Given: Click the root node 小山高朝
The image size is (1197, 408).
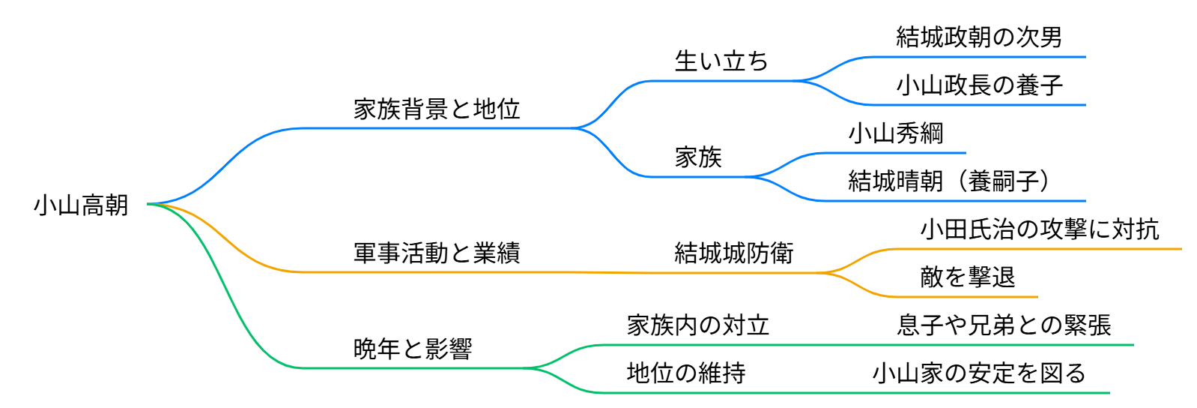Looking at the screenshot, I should click(x=81, y=205).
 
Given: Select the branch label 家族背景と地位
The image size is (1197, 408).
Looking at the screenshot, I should click(x=436, y=109).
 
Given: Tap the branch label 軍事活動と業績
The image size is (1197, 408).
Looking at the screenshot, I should click(x=436, y=253).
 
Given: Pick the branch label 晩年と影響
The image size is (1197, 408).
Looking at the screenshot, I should click(x=412, y=349).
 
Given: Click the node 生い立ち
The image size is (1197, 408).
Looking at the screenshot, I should click(x=721, y=61).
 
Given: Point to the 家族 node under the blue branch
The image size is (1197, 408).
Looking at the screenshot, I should click(x=697, y=157).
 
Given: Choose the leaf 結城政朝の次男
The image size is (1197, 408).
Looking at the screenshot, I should click(x=978, y=37).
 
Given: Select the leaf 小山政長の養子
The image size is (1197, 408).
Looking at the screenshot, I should click(x=978, y=85).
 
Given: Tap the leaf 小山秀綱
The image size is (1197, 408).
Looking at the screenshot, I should click(x=895, y=133).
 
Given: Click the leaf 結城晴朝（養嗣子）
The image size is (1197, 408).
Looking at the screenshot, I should click(x=948, y=181).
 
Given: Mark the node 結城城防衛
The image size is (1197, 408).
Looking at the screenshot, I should click(x=733, y=253).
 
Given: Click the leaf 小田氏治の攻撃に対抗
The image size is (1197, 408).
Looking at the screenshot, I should click(x=1039, y=229).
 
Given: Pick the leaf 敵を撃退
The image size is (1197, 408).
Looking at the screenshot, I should click(x=967, y=277).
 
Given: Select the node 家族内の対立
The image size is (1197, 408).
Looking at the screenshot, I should click(x=697, y=325).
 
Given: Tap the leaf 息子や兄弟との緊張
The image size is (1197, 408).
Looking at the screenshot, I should click(x=1004, y=325).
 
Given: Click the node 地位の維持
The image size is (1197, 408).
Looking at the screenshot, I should click(x=685, y=373).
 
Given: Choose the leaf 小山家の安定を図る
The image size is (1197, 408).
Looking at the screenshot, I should click(x=978, y=373).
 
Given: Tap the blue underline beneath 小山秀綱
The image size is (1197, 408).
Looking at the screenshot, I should click(x=899, y=153).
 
